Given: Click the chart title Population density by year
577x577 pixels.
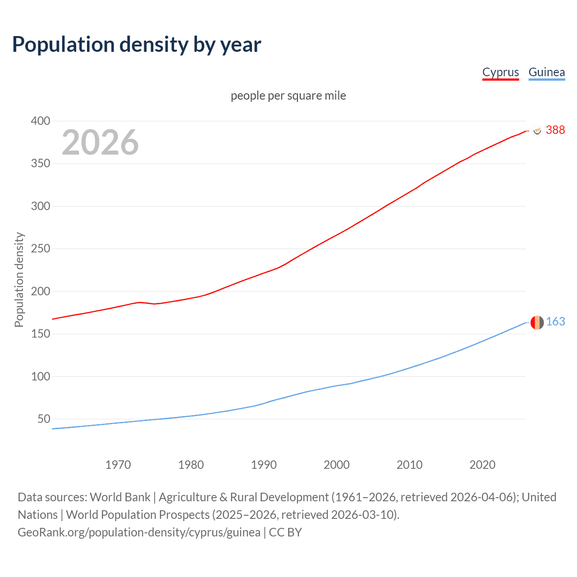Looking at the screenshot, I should [x=137, y=45].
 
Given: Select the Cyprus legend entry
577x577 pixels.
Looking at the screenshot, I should [x=500, y=72].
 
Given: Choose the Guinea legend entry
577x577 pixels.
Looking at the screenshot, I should [x=546, y=72].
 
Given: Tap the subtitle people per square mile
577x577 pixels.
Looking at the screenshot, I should [x=288, y=96].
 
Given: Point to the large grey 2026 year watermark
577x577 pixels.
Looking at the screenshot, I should [x=100, y=142].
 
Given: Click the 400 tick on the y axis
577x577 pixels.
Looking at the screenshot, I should [x=40, y=121].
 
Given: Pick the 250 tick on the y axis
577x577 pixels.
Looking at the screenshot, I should [x=40, y=249].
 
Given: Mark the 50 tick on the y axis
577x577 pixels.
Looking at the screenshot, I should [x=44, y=419].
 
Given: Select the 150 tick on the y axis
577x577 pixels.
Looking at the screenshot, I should [x=40, y=334].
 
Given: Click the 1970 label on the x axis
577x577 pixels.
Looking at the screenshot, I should [x=118, y=465].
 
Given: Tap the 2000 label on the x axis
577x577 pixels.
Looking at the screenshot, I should [x=337, y=465].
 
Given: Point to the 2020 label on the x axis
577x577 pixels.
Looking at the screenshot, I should [x=482, y=465].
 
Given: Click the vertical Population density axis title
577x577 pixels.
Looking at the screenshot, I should [x=19, y=279].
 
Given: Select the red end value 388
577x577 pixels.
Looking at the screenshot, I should [x=555, y=130].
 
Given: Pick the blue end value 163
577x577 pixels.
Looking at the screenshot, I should [x=555, y=321].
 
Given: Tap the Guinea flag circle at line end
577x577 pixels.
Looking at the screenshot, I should [x=537, y=322].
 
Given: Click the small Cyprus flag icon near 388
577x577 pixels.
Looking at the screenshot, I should [x=537, y=130].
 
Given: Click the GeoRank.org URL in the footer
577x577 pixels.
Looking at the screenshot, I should [x=139, y=532].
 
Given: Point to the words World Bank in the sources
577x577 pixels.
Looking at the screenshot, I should [x=120, y=497].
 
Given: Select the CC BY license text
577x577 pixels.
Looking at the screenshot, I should [x=285, y=532].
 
